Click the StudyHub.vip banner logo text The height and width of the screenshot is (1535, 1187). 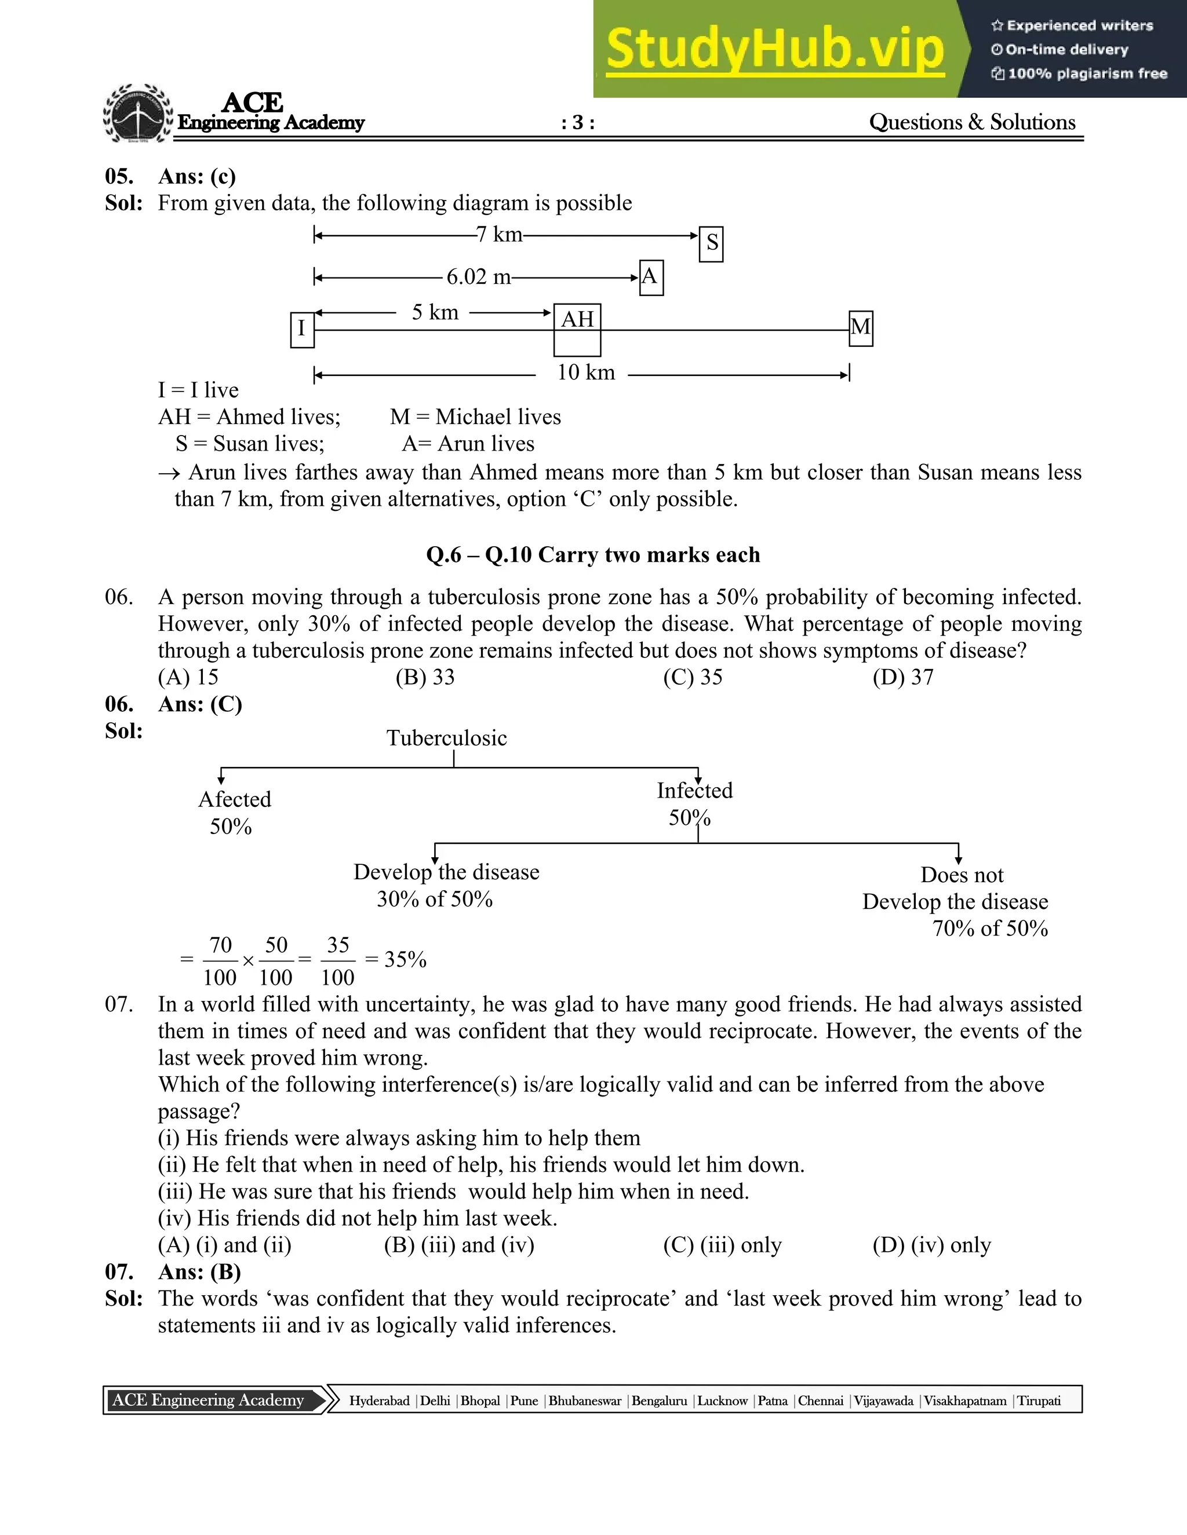click(x=774, y=49)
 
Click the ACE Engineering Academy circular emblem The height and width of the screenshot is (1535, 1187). click(x=138, y=114)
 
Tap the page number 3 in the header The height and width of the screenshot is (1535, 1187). click(x=578, y=123)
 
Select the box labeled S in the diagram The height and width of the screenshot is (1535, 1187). click(x=712, y=244)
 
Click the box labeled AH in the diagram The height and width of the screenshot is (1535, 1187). click(x=577, y=329)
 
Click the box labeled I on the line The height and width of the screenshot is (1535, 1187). click(x=301, y=329)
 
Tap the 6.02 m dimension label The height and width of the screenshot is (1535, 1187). click(x=478, y=277)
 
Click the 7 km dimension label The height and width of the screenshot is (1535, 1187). click(x=499, y=234)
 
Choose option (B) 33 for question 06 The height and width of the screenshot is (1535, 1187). click(x=425, y=677)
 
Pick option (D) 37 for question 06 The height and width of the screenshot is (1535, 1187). click(x=903, y=677)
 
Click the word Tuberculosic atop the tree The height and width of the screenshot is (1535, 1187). click(x=446, y=738)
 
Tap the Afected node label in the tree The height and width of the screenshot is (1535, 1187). click(x=234, y=799)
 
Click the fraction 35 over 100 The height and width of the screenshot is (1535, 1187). click(x=337, y=960)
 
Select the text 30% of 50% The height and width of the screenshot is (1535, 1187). click(x=435, y=899)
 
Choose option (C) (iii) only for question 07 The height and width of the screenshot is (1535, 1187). click(x=722, y=1245)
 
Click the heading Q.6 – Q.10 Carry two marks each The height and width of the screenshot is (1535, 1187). click(x=593, y=554)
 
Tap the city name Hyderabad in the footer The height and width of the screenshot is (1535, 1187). click(x=379, y=1400)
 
